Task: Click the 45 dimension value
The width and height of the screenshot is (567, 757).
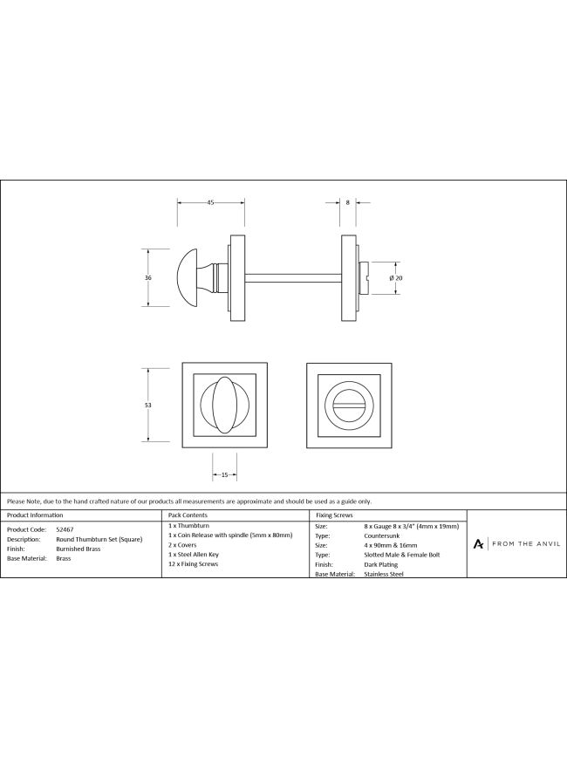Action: coord(210,202)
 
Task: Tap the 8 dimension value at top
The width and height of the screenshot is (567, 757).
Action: coord(347,202)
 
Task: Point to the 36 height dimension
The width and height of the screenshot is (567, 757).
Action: coord(148,277)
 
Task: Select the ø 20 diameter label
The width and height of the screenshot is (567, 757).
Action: coord(396,278)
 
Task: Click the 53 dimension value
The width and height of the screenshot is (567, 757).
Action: coord(148,405)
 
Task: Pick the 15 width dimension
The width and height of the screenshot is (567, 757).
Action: coord(224,475)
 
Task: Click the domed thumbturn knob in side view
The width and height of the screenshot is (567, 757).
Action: coord(188,277)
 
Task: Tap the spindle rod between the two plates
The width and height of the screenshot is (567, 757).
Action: coord(293,278)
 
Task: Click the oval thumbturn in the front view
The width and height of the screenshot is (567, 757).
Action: coord(224,405)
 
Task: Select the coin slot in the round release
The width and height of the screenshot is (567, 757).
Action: coord(348,406)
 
